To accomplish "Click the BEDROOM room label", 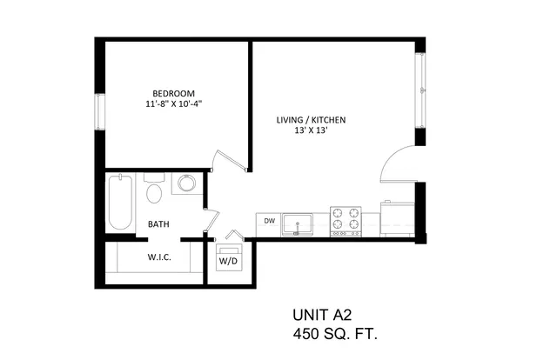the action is click(173, 93).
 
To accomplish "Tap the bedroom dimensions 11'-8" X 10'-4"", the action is click(174, 104).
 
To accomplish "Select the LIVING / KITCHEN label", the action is click(311, 120).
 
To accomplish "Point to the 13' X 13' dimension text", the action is click(311, 130).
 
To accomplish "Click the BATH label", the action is click(158, 224).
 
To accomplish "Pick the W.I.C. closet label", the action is click(159, 257).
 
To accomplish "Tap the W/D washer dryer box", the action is click(229, 257).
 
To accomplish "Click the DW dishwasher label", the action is click(270, 221).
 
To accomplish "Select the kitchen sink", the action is click(298, 225).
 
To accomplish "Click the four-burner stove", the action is click(346, 221).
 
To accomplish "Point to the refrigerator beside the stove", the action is click(397, 219).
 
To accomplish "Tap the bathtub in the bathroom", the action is click(120, 202).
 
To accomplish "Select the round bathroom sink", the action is click(187, 183).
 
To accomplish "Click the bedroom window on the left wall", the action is click(100, 111).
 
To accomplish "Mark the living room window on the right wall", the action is click(420, 90).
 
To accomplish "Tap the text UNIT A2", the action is click(322, 315).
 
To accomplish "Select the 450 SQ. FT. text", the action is click(335, 334).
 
